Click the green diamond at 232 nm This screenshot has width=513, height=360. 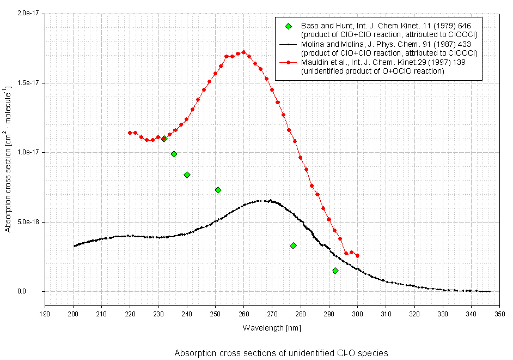164,139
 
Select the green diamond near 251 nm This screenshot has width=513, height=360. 218,190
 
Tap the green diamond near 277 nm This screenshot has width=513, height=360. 293,245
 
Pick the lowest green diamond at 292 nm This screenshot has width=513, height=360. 335,271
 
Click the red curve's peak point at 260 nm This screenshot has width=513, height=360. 243,52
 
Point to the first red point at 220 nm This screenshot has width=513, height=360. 130,133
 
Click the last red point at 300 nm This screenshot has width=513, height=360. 357,255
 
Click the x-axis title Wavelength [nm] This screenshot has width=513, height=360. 272,328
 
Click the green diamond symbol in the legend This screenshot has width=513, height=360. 288,26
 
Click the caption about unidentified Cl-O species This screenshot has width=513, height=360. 281,353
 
